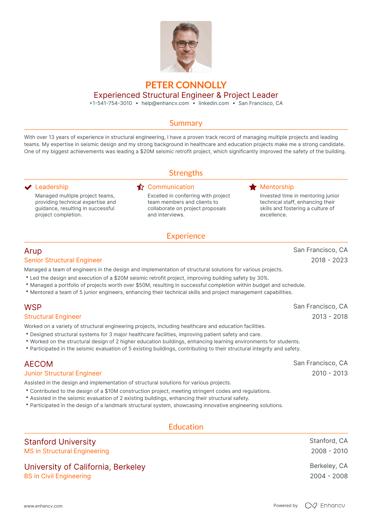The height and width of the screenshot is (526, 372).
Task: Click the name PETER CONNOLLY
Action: point(186,85)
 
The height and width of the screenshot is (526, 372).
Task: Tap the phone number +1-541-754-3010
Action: point(111,103)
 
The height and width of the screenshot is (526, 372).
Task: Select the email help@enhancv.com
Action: point(165,103)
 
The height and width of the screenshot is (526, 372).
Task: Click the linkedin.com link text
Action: point(214,103)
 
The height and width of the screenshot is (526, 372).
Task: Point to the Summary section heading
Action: point(186,123)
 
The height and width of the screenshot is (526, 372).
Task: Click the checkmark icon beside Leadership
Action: point(28,187)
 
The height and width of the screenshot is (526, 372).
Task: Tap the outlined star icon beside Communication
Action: point(140,187)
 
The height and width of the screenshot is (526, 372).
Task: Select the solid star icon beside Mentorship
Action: point(253,187)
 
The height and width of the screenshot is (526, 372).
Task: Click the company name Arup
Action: point(33,251)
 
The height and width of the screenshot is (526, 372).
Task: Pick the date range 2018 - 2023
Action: point(329,260)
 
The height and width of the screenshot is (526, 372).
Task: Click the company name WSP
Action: point(33,307)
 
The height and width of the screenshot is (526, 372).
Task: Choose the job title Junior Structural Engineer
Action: point(63,373)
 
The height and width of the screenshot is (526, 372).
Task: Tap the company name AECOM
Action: point(39,364)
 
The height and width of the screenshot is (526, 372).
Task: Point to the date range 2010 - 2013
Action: point(330,373)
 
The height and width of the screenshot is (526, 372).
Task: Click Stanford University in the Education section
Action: point(60,442)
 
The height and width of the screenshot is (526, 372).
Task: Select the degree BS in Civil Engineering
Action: point(58,476)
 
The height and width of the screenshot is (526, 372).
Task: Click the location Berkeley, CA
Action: point(328,466)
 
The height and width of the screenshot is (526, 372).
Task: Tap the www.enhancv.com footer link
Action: point(43,506)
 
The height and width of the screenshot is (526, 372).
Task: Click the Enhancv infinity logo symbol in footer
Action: point(311,505)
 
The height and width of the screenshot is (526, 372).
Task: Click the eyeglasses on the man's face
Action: point(186,44)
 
